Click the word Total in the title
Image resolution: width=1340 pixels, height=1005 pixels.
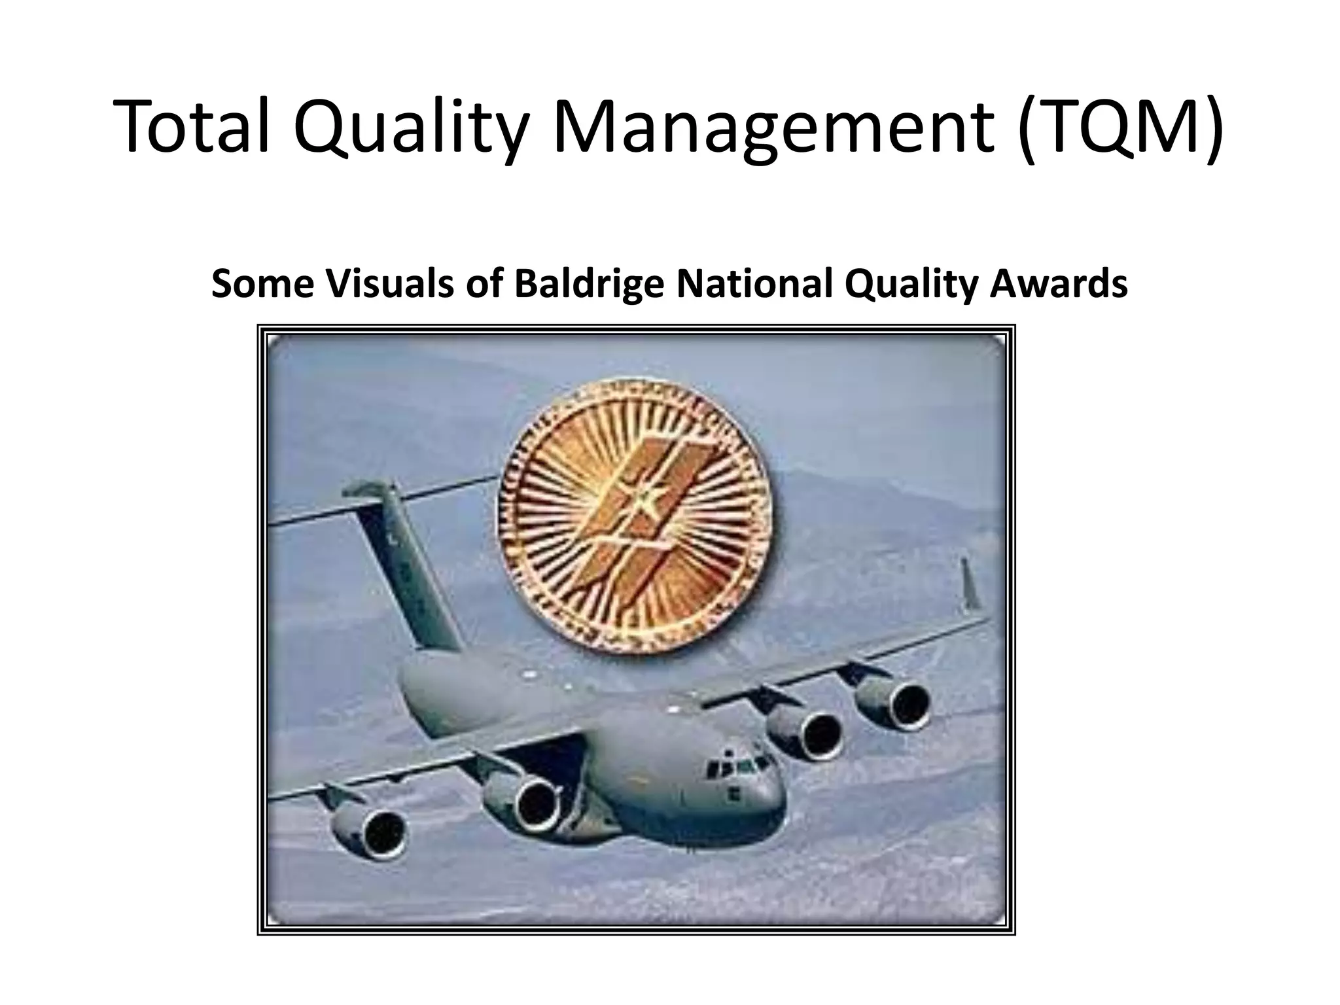click(193, 126)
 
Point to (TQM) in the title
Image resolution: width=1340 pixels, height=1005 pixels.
click(1120, 126)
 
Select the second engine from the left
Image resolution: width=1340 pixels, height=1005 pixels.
click(523, 802)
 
